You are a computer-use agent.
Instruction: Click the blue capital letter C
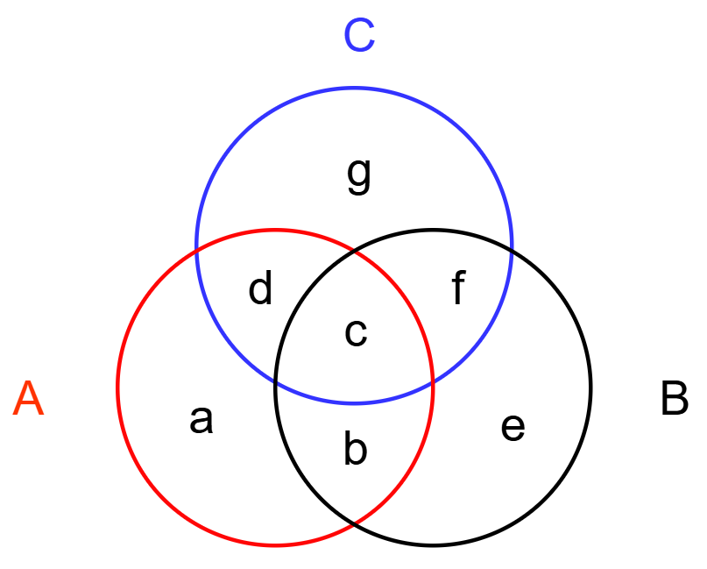point(359,36)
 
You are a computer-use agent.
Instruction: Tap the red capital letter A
point(28,400)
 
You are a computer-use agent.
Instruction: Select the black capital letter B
point(674,400)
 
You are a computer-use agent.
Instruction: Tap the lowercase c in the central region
point(355,333)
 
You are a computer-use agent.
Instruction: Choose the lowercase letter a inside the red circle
point(201,421)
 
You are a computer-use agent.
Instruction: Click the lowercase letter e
point(513,428)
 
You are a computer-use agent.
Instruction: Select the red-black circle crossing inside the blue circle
point(354,251)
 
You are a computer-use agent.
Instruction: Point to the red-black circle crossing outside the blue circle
point(354,524)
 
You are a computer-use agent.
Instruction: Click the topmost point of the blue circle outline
point(354,88)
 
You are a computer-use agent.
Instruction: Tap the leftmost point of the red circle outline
point(117,388)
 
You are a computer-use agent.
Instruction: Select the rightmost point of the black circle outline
point(590,388)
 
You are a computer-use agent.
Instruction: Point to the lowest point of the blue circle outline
point(354,403)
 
